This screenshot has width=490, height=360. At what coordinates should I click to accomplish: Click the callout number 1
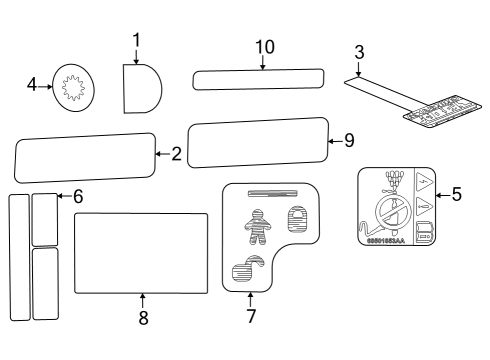[136, 40]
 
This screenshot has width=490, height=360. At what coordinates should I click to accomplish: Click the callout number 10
[264, 47]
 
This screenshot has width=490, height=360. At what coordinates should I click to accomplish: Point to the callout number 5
[456, 194]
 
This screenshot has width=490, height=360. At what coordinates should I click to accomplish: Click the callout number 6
[78, 196]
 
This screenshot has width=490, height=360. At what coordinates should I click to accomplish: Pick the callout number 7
[250, 317]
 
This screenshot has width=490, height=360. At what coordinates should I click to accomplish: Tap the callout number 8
[143, 317]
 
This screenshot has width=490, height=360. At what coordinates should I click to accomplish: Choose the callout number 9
[348, 141]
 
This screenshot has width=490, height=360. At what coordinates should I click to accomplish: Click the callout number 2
[175, 154]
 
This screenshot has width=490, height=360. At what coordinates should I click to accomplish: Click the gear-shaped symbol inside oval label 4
[72, 89]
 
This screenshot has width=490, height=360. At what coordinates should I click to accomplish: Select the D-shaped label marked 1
[141, 88]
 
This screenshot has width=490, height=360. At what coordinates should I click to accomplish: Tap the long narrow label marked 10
[258, 79]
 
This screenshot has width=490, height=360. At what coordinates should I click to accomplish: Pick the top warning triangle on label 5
[425, 184]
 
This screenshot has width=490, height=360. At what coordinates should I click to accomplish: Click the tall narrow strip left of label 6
[19, 257]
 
